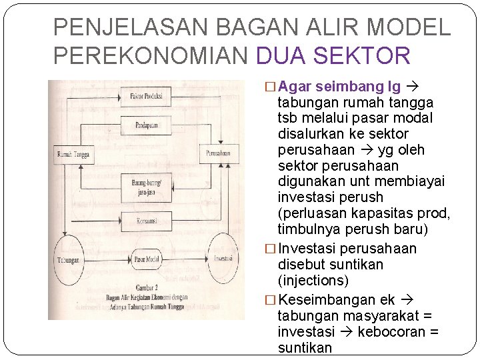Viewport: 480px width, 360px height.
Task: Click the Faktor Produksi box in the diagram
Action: pyautogui.click(x=147, y=96)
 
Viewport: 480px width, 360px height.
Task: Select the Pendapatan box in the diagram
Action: pyautogui.click(x=147, y=125)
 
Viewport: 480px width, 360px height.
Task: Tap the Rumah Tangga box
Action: pyautogui.click(x=73, y=155)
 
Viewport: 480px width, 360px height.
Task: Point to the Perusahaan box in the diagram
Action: pyautogui.click(x=218, y=154)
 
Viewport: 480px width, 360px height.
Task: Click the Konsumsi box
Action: pyautogui.click(x=147, y=218)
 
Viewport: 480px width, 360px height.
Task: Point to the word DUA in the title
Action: pyautogui.click(x=279, y=56)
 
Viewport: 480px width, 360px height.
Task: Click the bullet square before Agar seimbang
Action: pyautogui.click(x=270, y=87)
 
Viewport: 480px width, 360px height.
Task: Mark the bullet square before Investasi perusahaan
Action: pyautogui.click(x=270, y=249)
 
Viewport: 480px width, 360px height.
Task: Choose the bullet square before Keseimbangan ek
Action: pyautogui.click(x=270, y=300)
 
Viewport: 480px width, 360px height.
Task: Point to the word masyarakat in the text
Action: pyautogui.click(x=377, y=316)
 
